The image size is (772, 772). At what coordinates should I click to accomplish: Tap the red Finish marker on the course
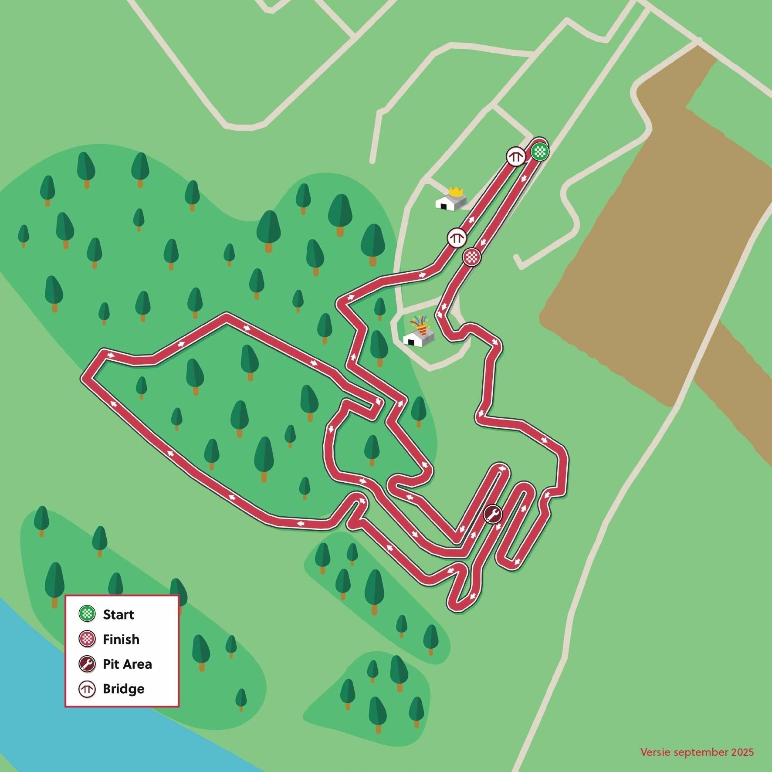(x=471, y=257)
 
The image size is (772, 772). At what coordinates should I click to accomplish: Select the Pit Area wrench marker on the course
(x=493, y=515)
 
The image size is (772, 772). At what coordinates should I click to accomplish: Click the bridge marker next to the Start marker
(x=516, y=156)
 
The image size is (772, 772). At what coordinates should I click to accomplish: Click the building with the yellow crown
(x=451, y=202)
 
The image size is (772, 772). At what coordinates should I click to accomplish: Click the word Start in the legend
(x=118, y=615)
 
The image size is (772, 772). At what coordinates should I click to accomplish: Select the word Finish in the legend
(x=121, y=640)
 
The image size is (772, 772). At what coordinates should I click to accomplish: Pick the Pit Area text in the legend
(x=127, y=664)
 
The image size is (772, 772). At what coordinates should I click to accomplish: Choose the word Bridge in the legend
(x=123, y=689)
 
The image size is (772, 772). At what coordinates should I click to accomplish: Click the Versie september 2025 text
(x=697, y=752)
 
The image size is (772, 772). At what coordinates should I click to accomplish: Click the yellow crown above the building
(x=456, y=191)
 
